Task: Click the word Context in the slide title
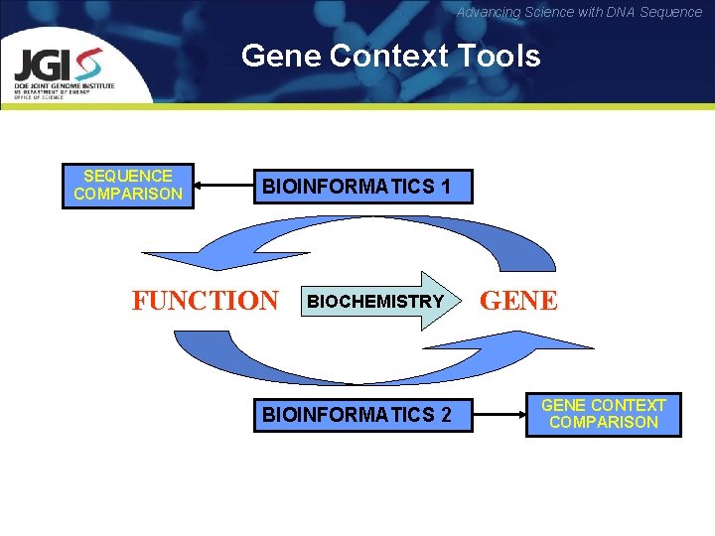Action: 388,56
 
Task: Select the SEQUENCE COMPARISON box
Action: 128,185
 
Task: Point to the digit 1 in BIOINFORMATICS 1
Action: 445,187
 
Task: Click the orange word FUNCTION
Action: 206,300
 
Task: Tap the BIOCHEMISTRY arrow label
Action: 375,301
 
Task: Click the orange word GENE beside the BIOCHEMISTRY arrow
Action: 519,301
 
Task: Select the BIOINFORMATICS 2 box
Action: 357,415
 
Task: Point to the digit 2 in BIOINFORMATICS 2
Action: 445,415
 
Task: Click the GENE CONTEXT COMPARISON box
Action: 603,414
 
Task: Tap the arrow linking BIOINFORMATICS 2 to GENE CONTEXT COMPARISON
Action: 500,415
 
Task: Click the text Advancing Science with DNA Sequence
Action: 579,12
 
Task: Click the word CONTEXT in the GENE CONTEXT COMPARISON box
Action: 628,405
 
